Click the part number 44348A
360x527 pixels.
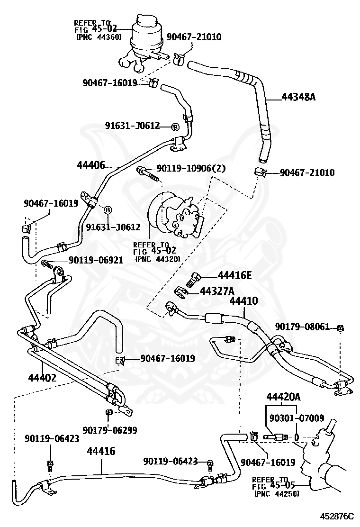point(298,98)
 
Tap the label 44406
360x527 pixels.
point(90,165)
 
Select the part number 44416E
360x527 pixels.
point(235,276)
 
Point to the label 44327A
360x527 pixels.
point(217,291)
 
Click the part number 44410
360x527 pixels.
point(244,301)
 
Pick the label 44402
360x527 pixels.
point(42,378)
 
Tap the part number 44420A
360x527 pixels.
point(283,397)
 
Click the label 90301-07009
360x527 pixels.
point(297,418)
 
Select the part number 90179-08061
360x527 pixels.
point(302,327)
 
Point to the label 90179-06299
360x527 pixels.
point(110,430)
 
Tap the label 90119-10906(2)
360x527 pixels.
point(191,168)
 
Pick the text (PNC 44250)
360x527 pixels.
point(277,494)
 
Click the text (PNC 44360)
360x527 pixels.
point(99,37)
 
